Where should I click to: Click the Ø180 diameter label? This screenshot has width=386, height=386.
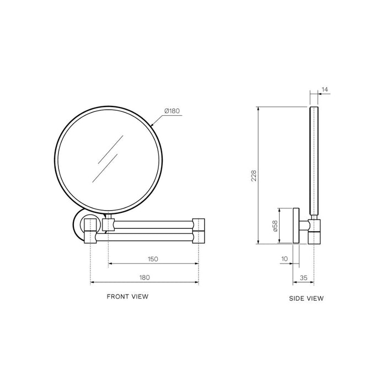click(172, 111)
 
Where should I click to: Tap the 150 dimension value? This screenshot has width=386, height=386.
click(153, 259)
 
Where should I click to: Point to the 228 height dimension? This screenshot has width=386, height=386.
click(253, 175)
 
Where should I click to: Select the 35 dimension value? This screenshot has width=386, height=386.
click(303, 278)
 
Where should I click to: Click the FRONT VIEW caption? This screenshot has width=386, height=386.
click(127, 297)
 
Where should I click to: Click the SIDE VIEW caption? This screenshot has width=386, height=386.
click(306, 298)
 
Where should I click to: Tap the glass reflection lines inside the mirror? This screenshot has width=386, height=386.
click(108, 157)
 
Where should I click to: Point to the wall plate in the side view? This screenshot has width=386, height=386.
click(296, 226)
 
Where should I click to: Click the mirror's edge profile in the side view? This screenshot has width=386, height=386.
click(314, 160)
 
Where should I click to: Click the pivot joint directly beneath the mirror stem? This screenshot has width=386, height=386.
click(108, 224)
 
